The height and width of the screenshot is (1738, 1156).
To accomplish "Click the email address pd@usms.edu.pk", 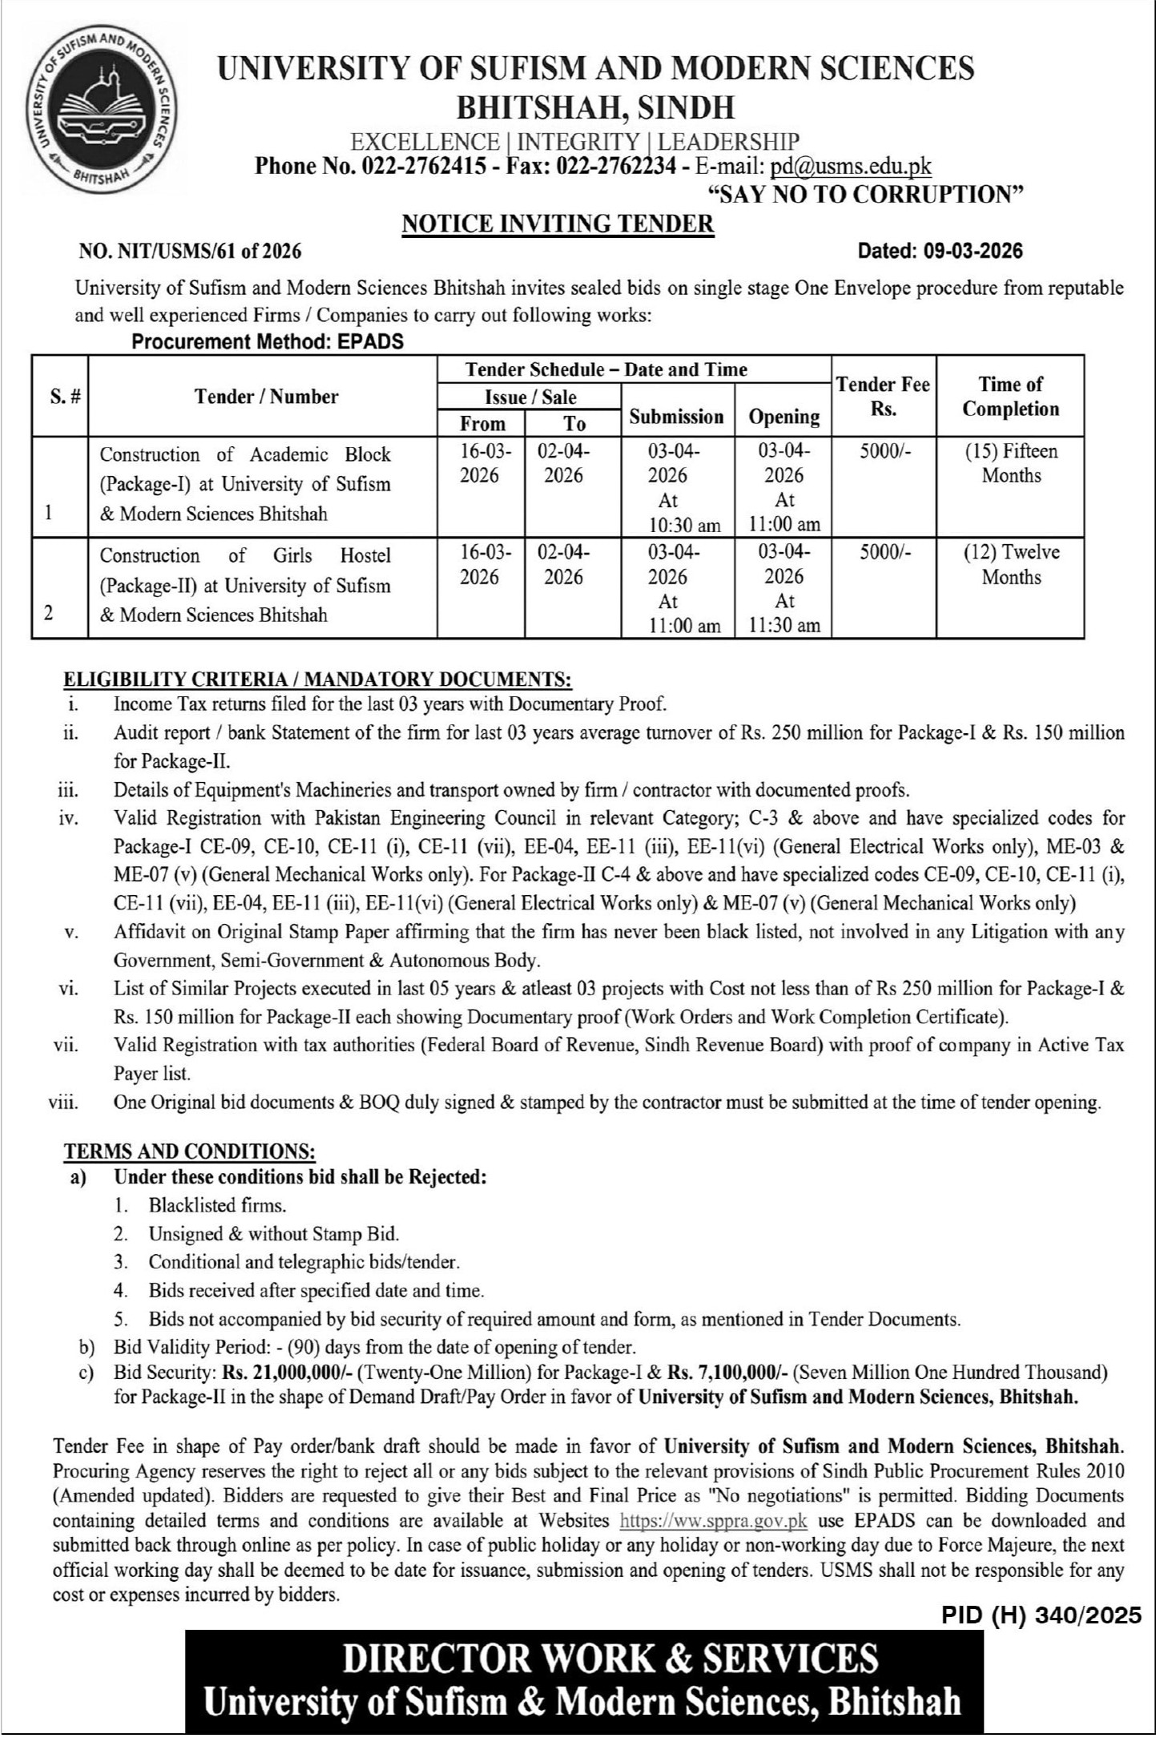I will [x=850, y=166].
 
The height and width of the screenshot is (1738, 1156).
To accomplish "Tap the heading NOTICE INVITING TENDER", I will [x=558, y=224].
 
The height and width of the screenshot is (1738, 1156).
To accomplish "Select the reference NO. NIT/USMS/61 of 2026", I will [x=190, y=252].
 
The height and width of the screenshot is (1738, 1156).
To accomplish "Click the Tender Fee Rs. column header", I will [x=883, y=396].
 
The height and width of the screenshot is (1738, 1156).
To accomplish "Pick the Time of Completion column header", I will [x=1010, y=396].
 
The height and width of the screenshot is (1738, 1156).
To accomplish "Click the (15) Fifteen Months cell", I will [x=1010, y=463].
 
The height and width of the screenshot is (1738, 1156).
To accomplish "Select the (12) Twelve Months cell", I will [x=1010, y=564].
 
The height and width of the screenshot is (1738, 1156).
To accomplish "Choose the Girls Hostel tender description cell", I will [x=245, y=585].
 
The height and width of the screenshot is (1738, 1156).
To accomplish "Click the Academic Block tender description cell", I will [x=245, y=484].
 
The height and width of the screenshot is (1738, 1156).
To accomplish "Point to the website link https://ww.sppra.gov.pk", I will [x=714, y=1520].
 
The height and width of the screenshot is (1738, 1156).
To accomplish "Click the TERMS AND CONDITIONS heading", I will [x=190, y=1151].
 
